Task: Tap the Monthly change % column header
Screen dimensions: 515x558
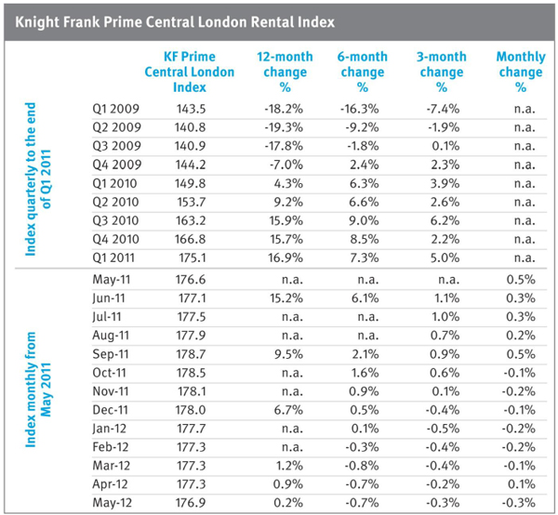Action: point(521,72)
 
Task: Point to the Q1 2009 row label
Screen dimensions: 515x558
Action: point(116,111)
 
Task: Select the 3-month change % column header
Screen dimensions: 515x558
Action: point(441,72)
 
